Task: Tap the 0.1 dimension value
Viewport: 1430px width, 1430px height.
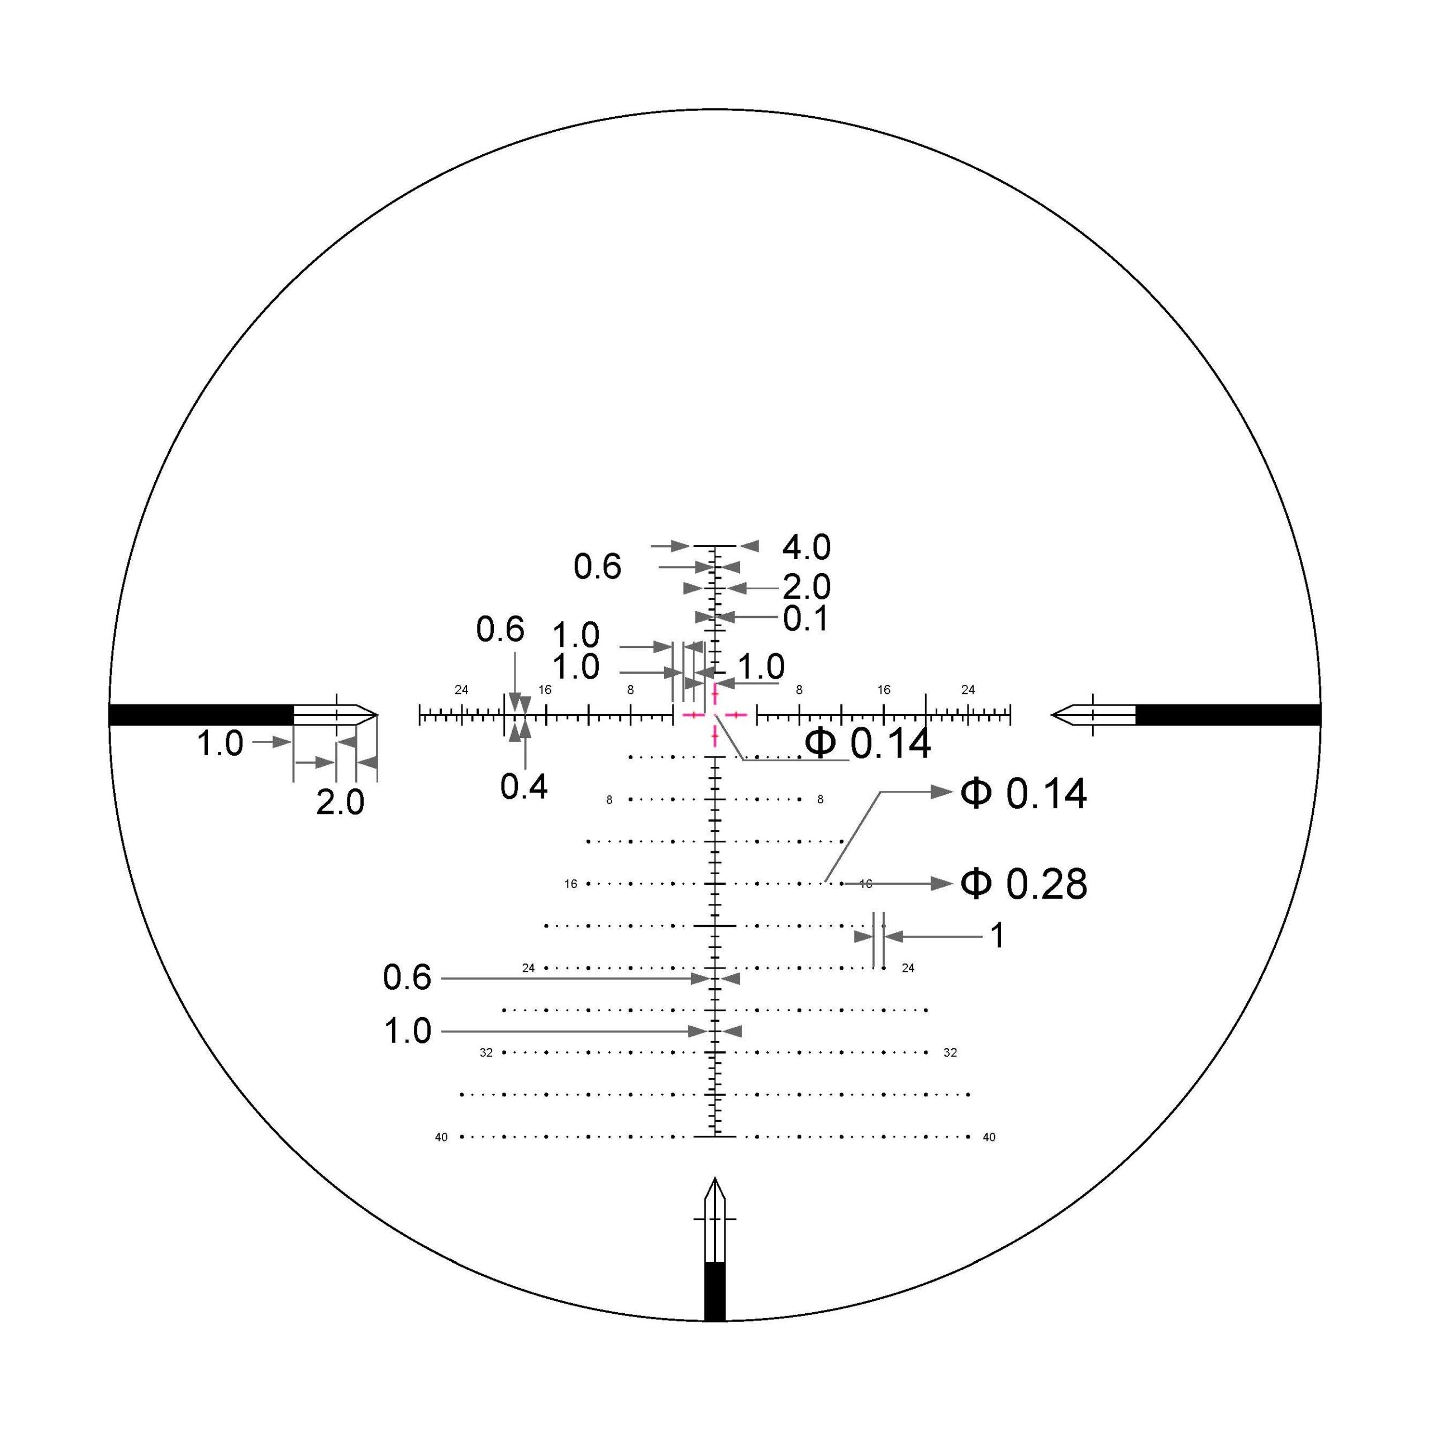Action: pyautogui.click(x=806, y=619)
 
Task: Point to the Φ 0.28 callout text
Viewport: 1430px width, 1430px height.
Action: pyautogui.click(x=1024, y=884)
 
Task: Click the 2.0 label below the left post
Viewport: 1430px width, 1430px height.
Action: pyautogui.click(x=340, y=802)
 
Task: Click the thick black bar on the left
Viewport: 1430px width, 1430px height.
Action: pyautogui.click(x=201, y=715)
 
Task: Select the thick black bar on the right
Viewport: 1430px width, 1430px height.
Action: pyautogui.click(x=1228, y=715)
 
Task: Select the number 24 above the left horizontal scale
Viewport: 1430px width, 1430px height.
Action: pyautogui.click(x=461, y=690)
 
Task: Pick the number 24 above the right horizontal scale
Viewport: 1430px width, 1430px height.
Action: pyautogui.click(x=968, y=690)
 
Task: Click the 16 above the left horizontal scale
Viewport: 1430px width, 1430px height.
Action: pyautogui.click(x=545, y=690)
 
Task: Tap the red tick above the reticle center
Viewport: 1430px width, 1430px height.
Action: pyautogui.click(x=715, y=694)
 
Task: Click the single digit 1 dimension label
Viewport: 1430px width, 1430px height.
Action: pyautogui.click(x=998, y=936)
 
